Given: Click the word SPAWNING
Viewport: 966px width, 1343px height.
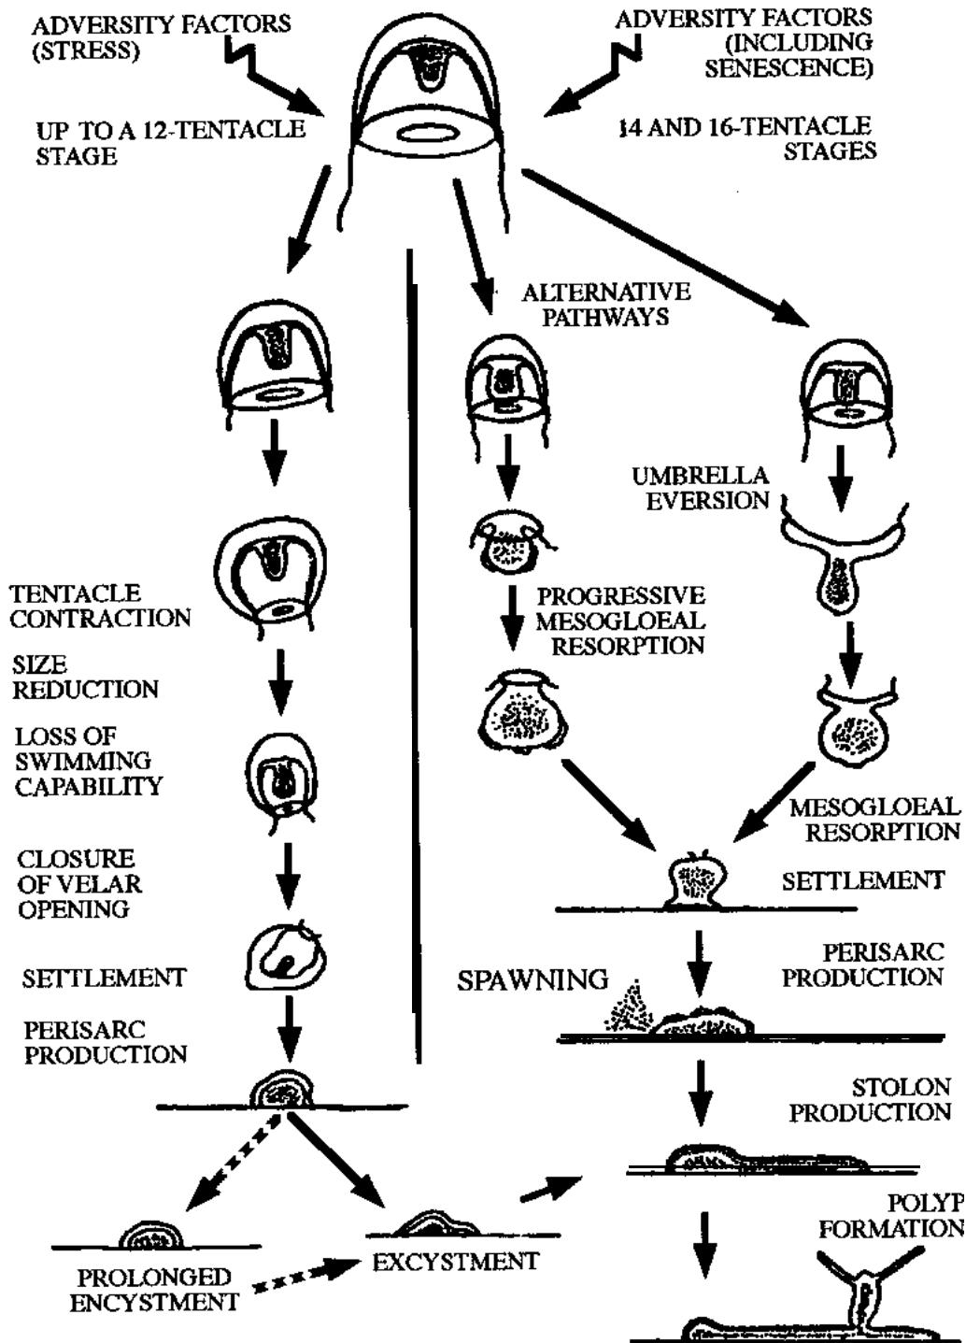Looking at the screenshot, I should coord(533,979).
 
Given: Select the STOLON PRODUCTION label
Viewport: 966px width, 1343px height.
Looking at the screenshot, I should coord(871,1099).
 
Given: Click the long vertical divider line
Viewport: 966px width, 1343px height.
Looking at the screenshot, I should coord(411,654).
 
